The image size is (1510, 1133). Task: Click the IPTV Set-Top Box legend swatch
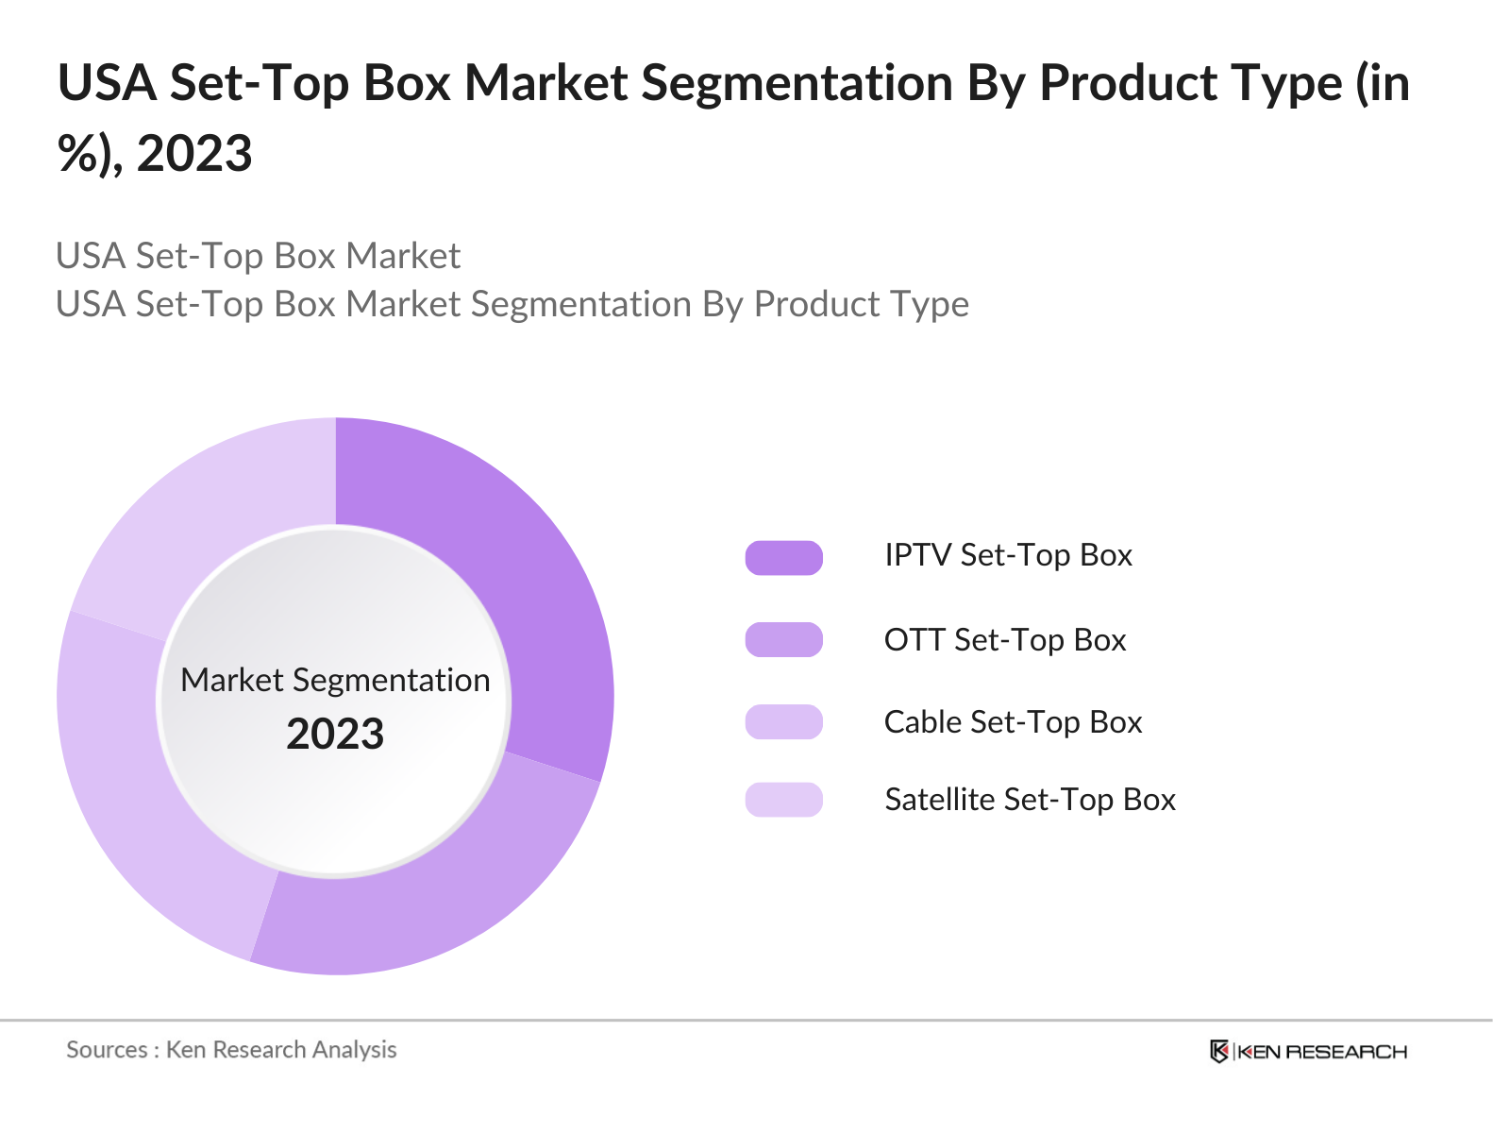pos(783,558)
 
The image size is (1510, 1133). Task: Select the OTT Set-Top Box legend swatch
pos(783,640)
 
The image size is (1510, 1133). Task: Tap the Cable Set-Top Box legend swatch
pos(783,722)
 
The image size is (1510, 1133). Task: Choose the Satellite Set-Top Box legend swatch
pos(783,800)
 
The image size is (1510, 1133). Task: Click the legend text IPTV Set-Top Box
pos(1008,555)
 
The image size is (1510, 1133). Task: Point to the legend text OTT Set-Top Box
pos(1005,640)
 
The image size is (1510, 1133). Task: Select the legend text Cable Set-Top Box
pos(1013,722)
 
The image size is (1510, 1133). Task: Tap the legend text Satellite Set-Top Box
pos(1030,800)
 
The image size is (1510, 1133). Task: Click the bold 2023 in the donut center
pos(335,735)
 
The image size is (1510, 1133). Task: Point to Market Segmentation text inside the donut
pos(335,680)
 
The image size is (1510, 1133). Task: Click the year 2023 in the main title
pos(194,154)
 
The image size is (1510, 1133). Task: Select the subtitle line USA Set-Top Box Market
pos(258,256)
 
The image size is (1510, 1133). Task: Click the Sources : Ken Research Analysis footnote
pos(231,1050)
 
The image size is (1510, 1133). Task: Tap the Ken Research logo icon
pos(1219,1051)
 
